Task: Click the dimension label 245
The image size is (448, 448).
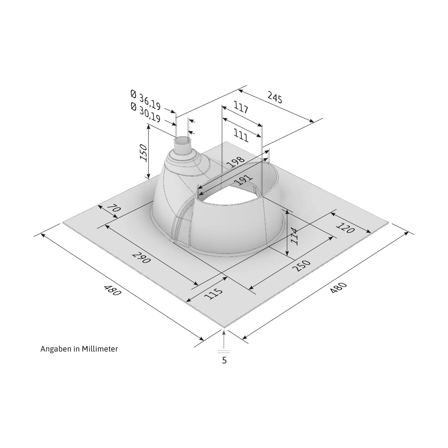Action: tap(274, 98)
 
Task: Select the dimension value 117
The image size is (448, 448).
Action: tap(241, 108)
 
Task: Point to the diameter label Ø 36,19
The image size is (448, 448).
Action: tap(146, 100)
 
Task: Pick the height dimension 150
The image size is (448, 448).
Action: tap(144, 153)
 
